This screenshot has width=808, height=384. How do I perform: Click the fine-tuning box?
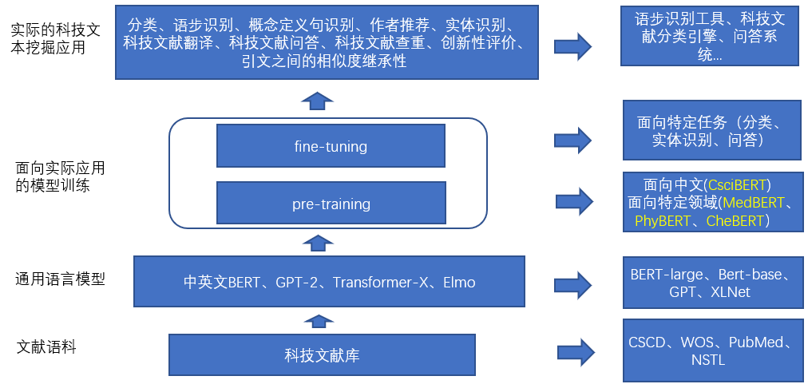(331, 146)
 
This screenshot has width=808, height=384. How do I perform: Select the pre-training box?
(331, 204)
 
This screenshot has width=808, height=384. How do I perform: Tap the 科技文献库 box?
(322, 355)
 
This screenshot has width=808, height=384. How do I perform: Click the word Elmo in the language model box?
(459, 282)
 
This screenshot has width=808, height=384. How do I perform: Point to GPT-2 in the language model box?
(298, 282)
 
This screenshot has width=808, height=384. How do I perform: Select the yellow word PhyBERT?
(663, 221)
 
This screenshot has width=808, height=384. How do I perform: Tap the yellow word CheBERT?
(735, 221)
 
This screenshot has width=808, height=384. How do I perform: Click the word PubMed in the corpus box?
(755, 343)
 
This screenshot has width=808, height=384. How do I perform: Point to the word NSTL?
(708, 360)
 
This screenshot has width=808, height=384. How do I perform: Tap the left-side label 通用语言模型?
(60, 279)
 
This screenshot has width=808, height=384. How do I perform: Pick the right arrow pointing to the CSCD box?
(576, 351)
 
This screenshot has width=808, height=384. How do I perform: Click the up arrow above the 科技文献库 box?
(318, 321)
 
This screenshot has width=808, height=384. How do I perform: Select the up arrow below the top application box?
(318, 99)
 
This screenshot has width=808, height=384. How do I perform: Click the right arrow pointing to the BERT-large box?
(573, 282)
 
